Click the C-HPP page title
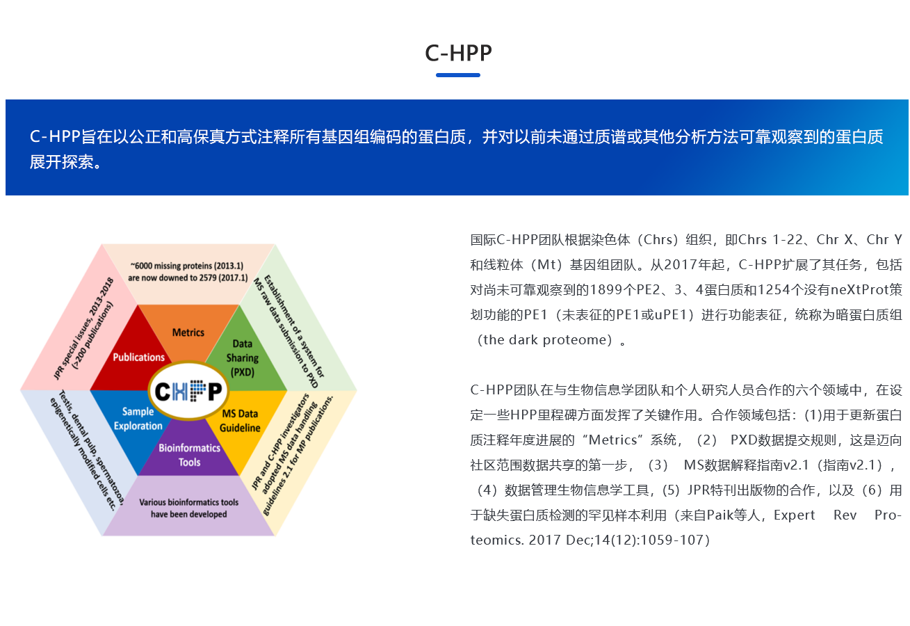tap(458, 54)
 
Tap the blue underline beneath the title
tap(458, 75)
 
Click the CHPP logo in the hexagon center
tap(188, 391)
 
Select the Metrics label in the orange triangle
tap(188, 332)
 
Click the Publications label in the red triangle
tap(138, 358)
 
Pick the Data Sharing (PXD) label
tap(242, 358)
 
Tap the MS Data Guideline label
tap(240, 421)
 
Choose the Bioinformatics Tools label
tap(189, 456)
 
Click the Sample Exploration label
tap(138, 419)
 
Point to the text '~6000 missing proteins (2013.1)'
tap(187, 266)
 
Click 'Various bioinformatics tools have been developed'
tap(189, 508)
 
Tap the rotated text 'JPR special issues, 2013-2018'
tap(83, 328)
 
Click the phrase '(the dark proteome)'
tap(545, 340)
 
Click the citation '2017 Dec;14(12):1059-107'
tap(619, 540)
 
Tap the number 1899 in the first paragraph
tap(606, 289)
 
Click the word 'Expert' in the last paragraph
tap(794, 515)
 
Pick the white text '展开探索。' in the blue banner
tap(66, 162)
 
